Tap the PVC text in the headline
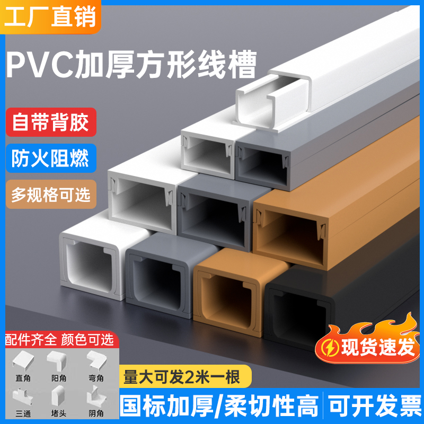click(x=45, y=66)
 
